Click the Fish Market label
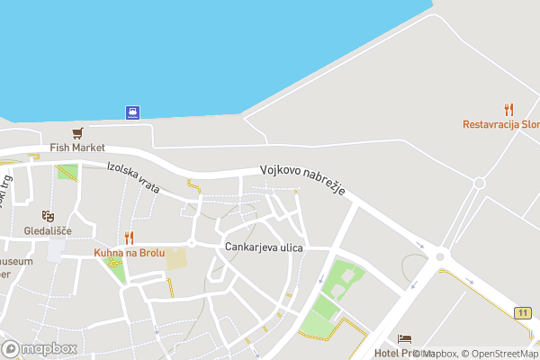(x=77, y=148)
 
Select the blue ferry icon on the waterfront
(x=132, y=112)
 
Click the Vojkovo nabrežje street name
(x=303, y=183)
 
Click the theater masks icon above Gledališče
(x=47, y=216)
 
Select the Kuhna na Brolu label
(x=130, y=253)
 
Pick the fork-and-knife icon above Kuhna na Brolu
(x=130, y=238)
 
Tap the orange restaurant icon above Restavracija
(x=508, y=109)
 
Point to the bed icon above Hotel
(x=405, y=339)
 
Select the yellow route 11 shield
(x=522, y=312)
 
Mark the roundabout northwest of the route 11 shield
(x=440, y=256)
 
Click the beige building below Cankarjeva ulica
(x=176, y=259)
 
